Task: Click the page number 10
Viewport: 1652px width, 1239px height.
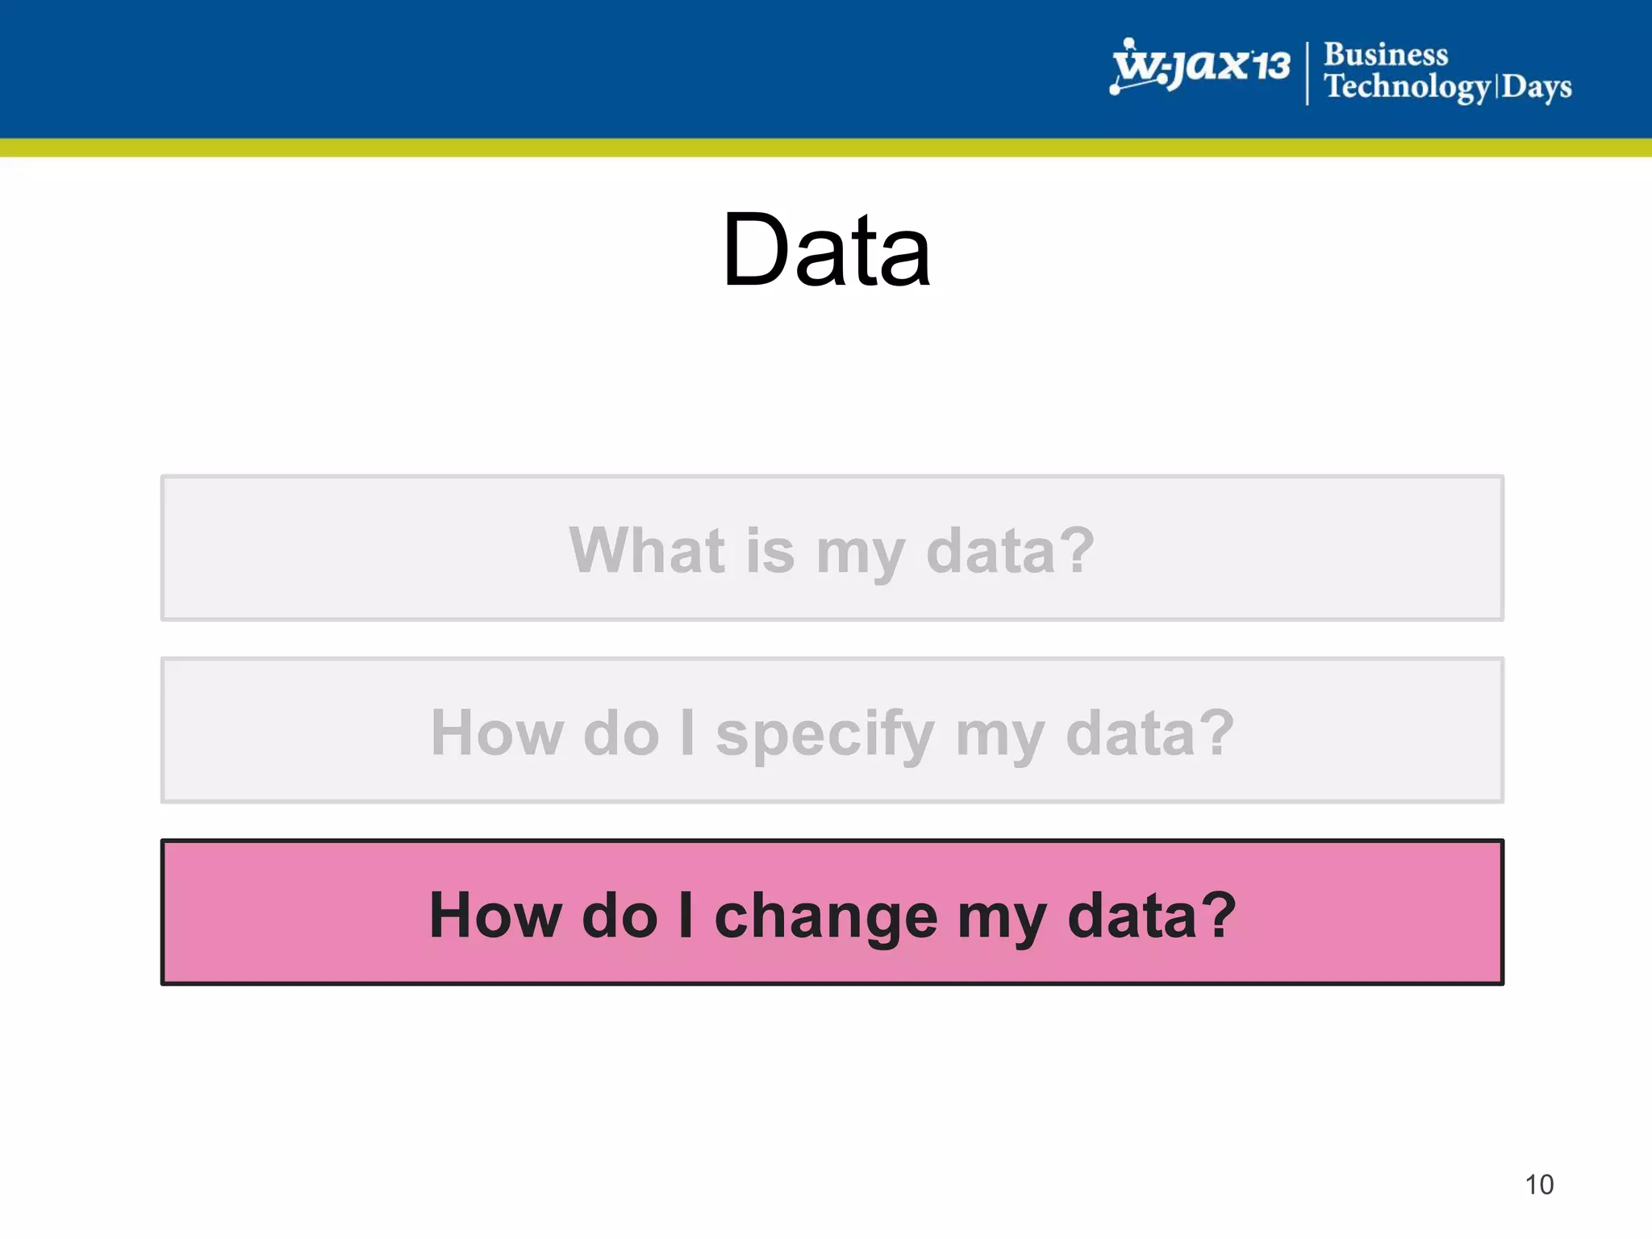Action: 1539,1185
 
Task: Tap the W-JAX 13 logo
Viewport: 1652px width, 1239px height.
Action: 1200,66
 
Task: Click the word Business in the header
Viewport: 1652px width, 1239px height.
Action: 1386,55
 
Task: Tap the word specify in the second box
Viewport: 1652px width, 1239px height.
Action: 824,734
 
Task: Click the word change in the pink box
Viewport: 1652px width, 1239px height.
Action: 826,916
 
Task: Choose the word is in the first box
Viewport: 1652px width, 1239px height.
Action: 770,550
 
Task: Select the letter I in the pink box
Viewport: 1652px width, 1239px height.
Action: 686,916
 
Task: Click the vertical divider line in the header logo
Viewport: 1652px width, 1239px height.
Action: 1307,73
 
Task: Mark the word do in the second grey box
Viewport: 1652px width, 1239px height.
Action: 621,733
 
